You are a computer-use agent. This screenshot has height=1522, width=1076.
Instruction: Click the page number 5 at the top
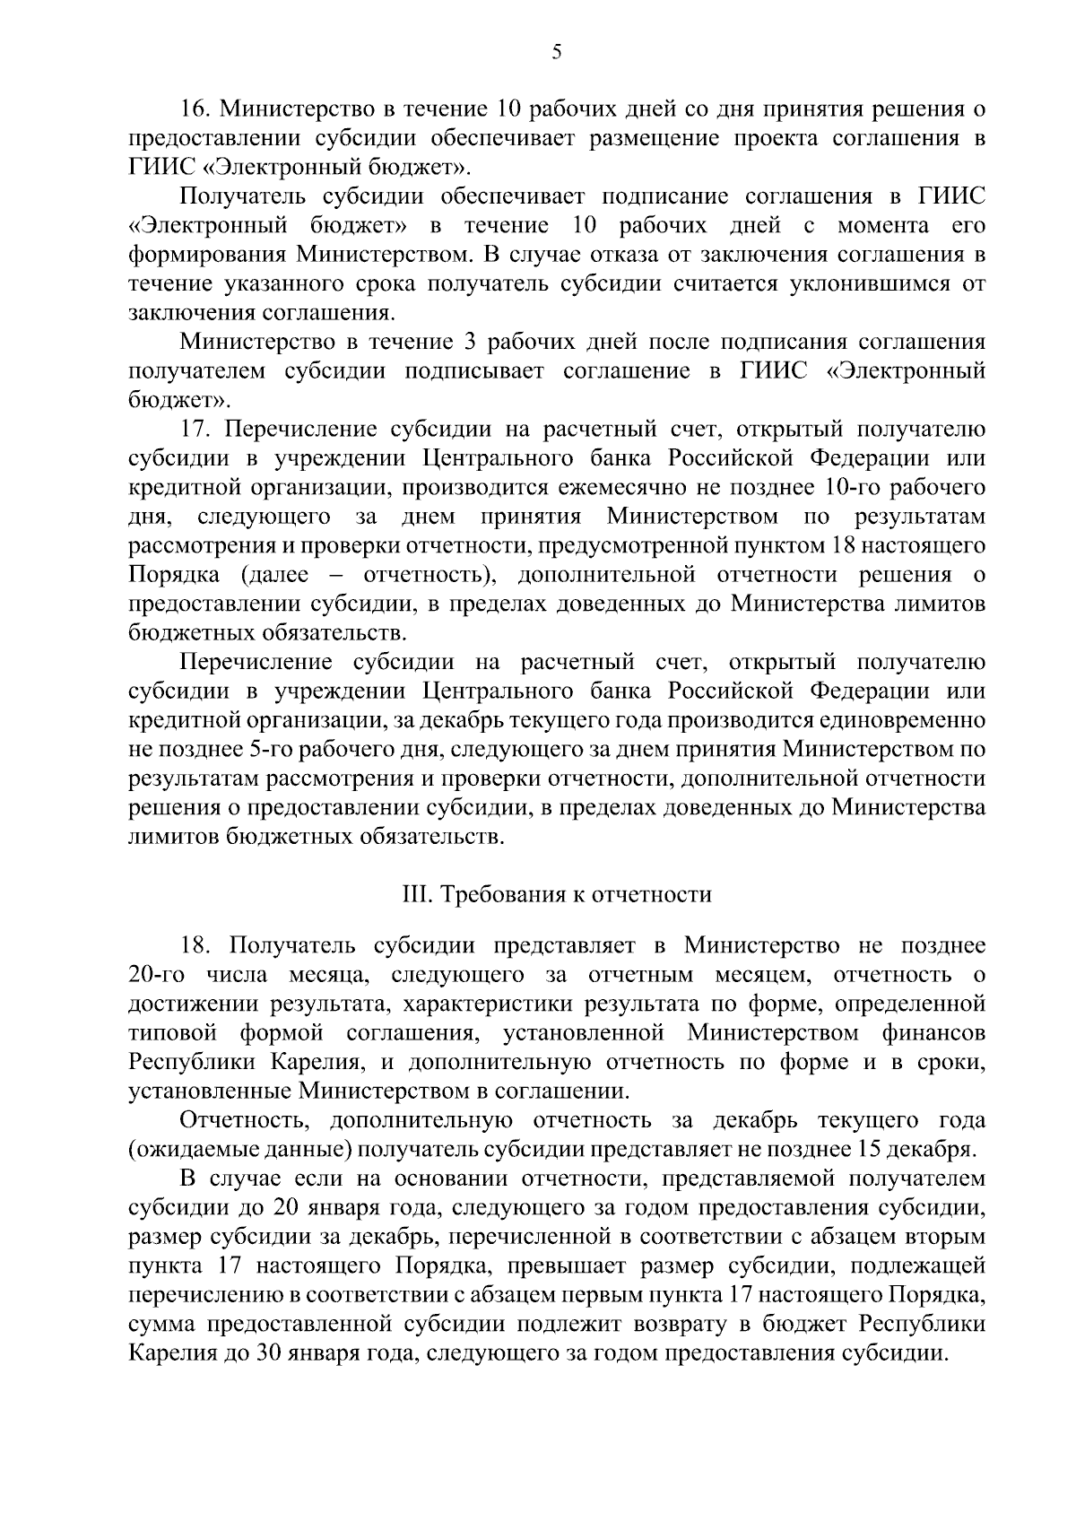(x=556, y=53)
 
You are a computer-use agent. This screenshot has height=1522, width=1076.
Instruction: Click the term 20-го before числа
(x=157, y=975)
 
